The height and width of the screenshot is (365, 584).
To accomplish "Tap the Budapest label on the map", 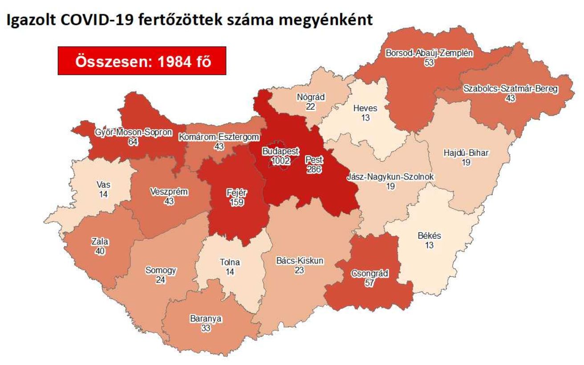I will point(280,151).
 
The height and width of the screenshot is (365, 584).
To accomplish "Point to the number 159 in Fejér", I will point(236,202).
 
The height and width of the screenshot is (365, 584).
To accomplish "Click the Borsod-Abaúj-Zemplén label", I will point(429,53).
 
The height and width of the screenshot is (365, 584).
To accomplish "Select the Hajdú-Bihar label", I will point(466,154).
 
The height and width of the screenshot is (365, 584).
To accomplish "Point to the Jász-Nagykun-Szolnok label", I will point(390,177).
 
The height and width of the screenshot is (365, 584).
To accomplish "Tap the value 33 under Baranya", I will point(206,328).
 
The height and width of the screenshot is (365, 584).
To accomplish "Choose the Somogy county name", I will point(161,270).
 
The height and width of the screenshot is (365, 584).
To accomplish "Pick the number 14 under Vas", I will point(104,194).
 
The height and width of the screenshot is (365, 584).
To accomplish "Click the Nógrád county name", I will point(311,97).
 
